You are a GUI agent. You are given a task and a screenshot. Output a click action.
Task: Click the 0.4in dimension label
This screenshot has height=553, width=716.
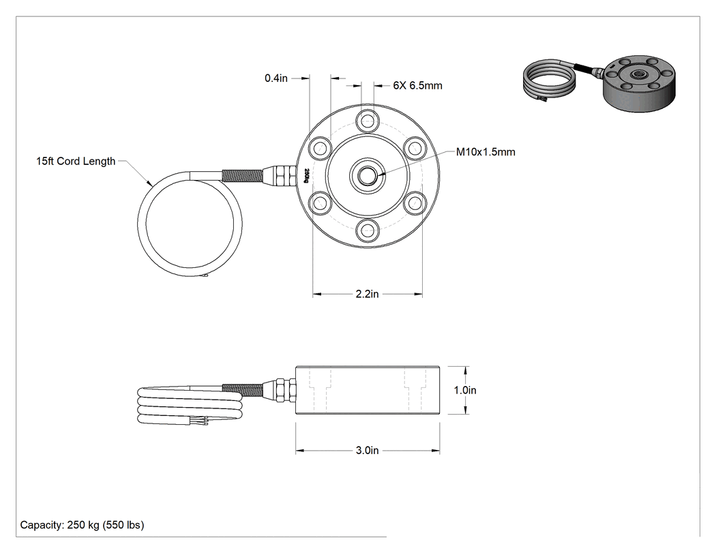[275, 78]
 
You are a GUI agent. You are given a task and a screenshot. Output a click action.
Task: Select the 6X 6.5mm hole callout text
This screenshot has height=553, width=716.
[417, 85]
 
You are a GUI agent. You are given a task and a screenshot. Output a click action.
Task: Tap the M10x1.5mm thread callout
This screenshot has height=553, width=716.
[486, 152]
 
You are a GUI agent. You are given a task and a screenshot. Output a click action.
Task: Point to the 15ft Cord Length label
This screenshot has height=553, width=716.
[76, 161]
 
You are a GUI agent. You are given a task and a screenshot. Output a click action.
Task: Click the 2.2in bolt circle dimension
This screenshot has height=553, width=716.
[367, 294]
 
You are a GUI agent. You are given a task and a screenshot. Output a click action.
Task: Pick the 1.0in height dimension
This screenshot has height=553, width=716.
[465, 390]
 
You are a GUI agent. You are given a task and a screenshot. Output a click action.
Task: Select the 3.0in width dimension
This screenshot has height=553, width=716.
[367, 450]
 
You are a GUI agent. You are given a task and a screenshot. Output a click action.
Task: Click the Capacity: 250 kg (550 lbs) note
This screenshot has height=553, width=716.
[83, 524]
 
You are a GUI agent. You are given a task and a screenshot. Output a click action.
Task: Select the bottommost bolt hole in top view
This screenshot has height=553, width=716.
[368, 230]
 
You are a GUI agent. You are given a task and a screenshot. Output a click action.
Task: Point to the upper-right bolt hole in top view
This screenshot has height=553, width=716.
[415, 149]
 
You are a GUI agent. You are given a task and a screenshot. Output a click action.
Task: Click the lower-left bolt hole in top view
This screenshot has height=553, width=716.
[320, 203]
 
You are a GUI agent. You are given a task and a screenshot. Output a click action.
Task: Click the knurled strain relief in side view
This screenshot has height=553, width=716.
[242, 389]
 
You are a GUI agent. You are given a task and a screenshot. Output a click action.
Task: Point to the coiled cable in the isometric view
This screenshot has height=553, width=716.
[549, 80]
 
